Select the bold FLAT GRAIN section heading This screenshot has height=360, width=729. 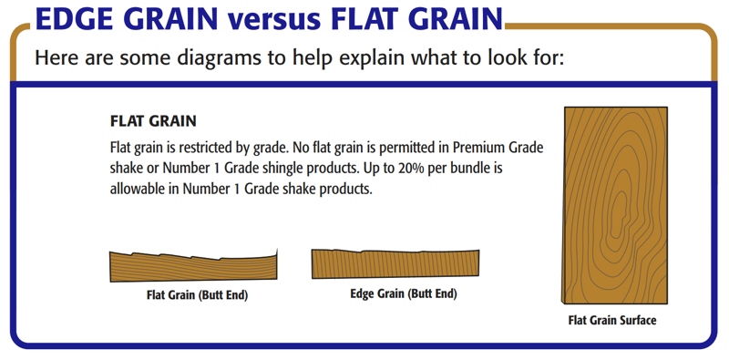(x=153, y=121)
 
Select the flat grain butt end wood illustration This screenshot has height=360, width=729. (x=193, y=266)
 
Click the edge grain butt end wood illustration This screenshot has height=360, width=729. (x=396, y=264)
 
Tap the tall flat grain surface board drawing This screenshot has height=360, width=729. (x=614, y=205)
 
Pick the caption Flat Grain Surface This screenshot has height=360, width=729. (x=612, y=320)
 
